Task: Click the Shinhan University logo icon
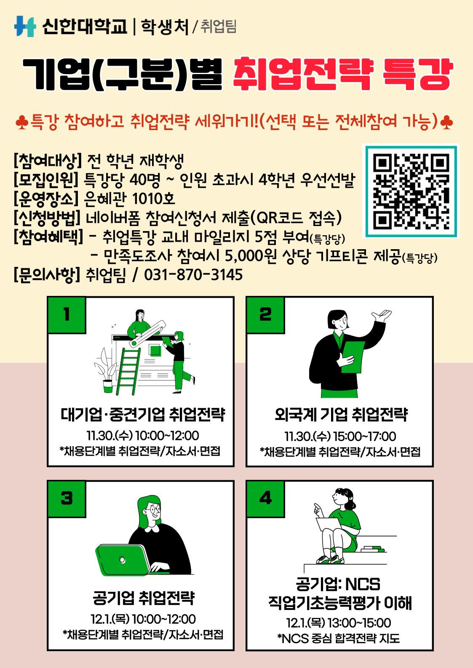point(25,26)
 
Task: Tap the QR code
point(411,191)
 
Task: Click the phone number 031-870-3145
point(193,275)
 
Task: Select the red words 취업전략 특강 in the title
point(343,74)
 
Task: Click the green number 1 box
point(67,314)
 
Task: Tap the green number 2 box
point(265,314)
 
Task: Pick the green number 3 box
point(67,498)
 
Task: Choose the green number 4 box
point(265,498)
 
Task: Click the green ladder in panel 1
point(128,371)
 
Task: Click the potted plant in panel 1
point(105,371)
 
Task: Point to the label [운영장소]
point(46,199)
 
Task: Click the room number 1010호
point(153,199)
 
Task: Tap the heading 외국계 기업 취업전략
point(341,414)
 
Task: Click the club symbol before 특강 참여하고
point(22,122)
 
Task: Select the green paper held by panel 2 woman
point(353,357)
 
